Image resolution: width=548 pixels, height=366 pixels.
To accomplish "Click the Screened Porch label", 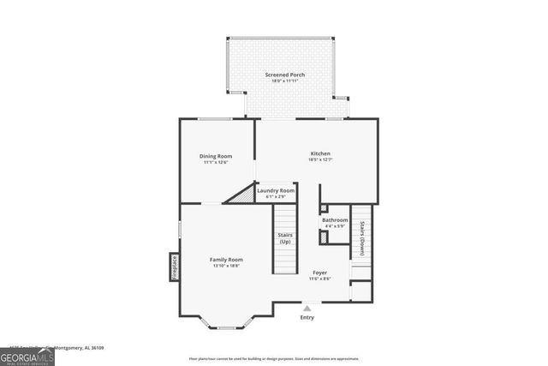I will (x=284, y=75).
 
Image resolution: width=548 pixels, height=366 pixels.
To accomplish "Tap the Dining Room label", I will (x=216, y=156).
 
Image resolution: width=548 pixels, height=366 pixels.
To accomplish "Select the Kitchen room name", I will (x=320, y=153).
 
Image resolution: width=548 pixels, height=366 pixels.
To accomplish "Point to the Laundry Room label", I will (x=276, y=190).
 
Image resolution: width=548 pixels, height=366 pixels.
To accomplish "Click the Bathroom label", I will (x=335, y=219).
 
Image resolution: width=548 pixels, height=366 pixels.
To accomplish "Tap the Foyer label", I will (x=319, y=272).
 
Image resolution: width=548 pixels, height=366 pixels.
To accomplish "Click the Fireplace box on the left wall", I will (x=173, y=267).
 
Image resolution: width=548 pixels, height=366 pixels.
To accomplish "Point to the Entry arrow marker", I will (x=307, y=307).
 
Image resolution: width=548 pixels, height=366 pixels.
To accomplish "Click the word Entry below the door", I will (x=307, y=317).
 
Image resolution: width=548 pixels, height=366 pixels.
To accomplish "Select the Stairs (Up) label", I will (x=284, y=237).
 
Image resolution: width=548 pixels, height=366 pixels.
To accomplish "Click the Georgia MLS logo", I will (x=27, y=356).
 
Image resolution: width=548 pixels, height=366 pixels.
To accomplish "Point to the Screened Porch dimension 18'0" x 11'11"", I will (x=284, y=81).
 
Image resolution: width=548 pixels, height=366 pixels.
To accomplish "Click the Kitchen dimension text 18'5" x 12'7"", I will (x=320, y=160).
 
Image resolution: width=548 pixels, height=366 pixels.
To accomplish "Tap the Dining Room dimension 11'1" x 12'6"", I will (x=216, y=162).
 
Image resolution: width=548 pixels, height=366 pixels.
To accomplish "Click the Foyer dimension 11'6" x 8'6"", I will (x=319, y=279).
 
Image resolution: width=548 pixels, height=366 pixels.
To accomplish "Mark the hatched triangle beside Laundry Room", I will (x=242, y=195).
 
